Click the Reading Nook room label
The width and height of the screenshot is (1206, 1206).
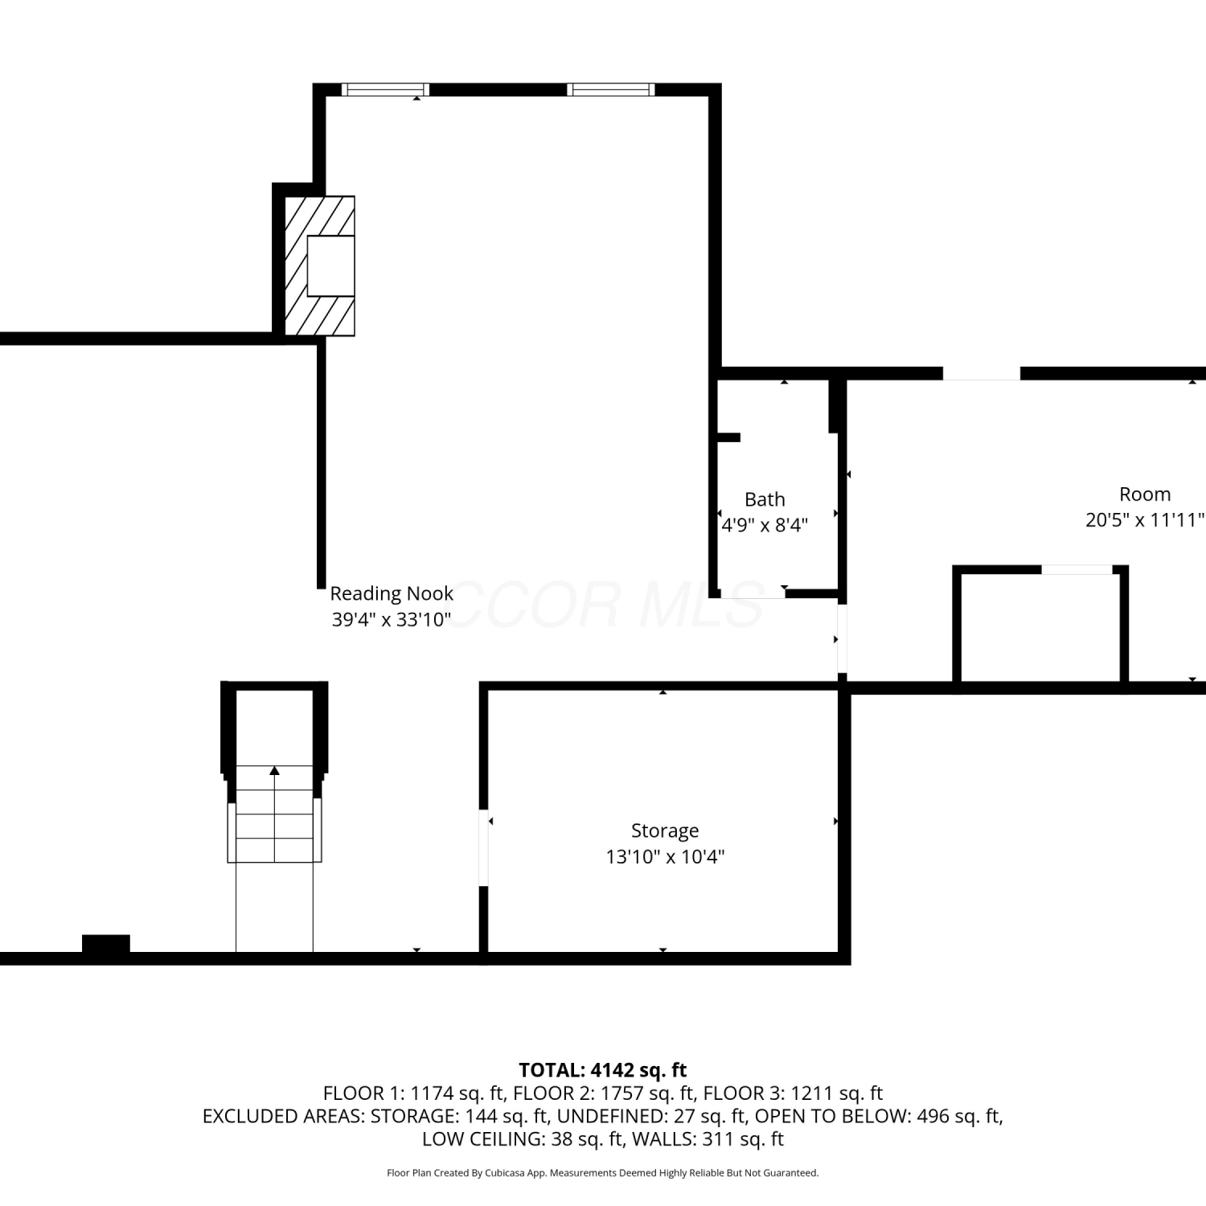392,593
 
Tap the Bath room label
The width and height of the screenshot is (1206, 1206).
765,499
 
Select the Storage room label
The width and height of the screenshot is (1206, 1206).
665,831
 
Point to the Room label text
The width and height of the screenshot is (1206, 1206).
1145,494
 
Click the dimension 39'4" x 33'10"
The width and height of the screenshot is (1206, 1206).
392,620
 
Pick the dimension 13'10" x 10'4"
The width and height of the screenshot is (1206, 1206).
665,857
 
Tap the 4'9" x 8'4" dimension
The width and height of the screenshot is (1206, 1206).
765,526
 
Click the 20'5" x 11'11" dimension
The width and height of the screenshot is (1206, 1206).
1145,520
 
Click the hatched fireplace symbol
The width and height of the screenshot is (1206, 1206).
320,266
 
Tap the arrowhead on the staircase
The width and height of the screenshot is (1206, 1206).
275,770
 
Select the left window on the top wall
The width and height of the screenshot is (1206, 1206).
385,89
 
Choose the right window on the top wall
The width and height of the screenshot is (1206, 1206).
611,89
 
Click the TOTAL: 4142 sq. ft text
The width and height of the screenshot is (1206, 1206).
603,1070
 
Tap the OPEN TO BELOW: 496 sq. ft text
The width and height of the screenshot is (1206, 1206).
879,1116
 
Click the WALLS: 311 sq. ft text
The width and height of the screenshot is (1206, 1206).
708,1139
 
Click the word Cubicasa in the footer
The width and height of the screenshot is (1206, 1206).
504,1173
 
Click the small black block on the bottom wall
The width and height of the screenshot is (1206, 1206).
106,944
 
